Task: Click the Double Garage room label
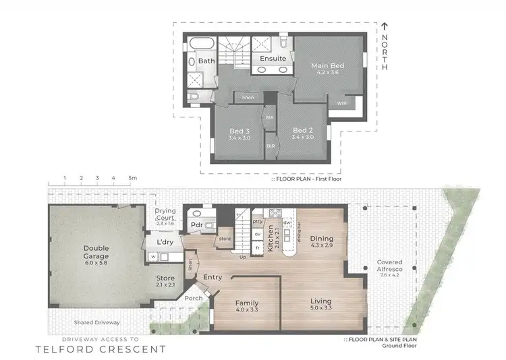(96, 252)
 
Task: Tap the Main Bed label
(327, 65)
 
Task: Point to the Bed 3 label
(240, 130)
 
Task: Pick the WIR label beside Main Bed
(342, 103)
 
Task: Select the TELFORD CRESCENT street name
(100, 349)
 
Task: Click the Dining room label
(321, 238)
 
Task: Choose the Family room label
(246, 303)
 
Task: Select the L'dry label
(165, 242)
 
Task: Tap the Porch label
(194, 297)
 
